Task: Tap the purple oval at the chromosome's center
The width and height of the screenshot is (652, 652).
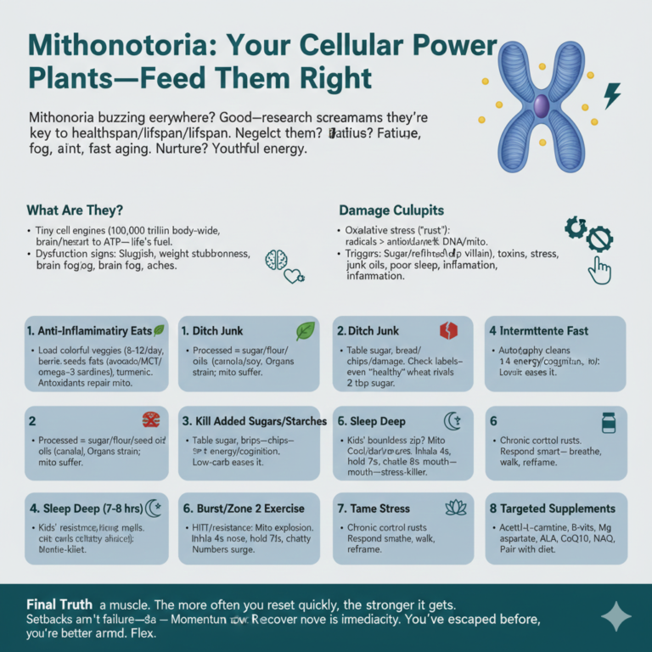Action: (x=541, y=105)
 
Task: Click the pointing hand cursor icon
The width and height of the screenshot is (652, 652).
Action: (x=600, y=270)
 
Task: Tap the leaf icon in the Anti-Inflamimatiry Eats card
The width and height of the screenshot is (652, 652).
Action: (x=160, y=329)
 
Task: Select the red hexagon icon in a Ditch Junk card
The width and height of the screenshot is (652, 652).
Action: (x=447, y=330)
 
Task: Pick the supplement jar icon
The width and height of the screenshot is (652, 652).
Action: (x=608, y=421)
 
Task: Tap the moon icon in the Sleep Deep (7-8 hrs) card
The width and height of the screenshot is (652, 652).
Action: (x=154, y=508)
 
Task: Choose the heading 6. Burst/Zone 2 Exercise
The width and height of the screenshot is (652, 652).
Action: (x=244, y=508)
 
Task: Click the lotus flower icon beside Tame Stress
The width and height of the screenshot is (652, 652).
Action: (x=456, y=507)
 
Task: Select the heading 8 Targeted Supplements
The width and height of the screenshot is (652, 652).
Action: (x=552, y=508)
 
